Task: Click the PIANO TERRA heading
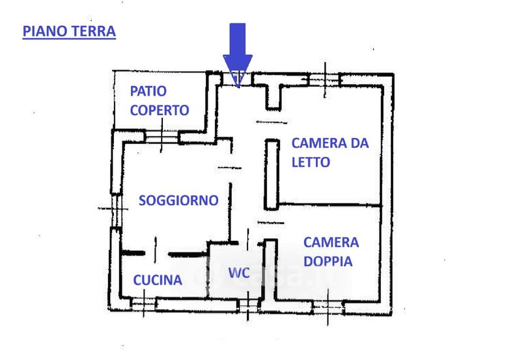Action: (x=69, y=31)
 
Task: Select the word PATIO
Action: (x=148, y=91)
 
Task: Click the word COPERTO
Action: (x=160, y=110)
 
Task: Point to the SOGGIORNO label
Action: (x=178, y=201)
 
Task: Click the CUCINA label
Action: (x=158, y=281)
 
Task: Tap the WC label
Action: (x=239, y=273)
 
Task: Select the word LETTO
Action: (x=311, y=162)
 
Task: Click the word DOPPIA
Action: (x=328, y=261)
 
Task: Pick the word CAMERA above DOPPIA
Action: (x=331, y=242)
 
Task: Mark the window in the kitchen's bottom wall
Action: (x=143, y=304)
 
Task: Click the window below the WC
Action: (x=248, y=305)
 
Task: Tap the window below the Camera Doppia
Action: (x=328, y=307)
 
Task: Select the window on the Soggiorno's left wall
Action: (x=116, y=210)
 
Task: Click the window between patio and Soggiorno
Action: (x=162, y=137)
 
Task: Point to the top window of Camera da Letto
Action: (x=324, y=80)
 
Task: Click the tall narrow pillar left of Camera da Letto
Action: (x=272, y=174)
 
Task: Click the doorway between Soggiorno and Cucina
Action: (x=156, y=254)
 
